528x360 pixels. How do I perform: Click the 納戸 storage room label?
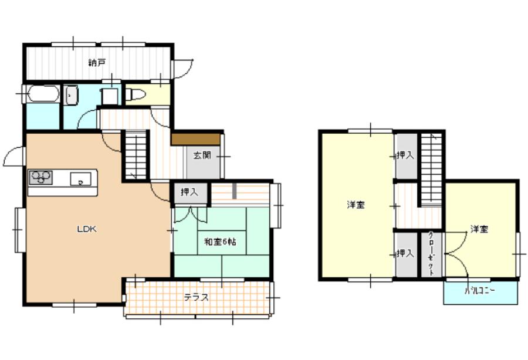97,63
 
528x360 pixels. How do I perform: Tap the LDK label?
87,229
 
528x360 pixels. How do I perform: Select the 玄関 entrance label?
202,155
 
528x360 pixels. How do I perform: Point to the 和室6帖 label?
220,242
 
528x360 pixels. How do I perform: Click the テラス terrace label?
197,297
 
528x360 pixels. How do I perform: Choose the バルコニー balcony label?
480,291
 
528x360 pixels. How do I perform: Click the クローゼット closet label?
431,254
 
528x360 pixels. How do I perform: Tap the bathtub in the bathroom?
43,94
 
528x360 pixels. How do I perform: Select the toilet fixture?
136,94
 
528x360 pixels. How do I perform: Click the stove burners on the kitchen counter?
40,177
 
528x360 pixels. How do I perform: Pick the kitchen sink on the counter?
80,179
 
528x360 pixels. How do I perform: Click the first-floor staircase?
136,155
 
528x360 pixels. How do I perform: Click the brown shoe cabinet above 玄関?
195,140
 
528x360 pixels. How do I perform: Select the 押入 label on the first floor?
189,192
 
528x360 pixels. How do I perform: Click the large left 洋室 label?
356,205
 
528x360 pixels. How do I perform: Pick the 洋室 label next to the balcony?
479,229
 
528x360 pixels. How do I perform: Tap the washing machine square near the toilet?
110,96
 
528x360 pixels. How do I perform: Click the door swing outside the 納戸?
182,69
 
